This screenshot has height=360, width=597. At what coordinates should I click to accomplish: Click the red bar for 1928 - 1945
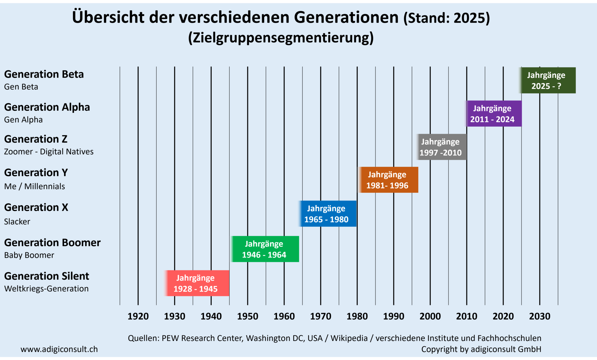(x=197, y=283)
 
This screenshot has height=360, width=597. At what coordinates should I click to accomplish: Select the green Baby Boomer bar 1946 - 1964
(x=265, y=249)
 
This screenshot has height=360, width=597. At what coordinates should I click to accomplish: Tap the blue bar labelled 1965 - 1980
(x=327, y=213)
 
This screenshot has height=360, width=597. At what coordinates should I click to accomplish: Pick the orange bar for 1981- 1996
(x=388, y=180)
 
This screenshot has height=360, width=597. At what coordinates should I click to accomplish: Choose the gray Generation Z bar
(x=441, y=147)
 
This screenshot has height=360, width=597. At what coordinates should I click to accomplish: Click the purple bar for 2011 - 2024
(x=493, y=114)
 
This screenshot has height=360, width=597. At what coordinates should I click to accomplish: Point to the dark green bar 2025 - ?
(x=547, y=80)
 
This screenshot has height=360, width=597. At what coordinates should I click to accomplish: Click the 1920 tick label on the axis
(x=138, y=316)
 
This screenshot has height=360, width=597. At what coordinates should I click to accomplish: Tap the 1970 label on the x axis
(x=320, y=316)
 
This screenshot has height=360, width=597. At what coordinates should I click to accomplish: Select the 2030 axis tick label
(x=540, y=316)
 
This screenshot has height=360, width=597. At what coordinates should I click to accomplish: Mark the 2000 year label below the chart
(x=430, y=316)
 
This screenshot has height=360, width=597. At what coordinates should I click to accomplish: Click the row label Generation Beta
(x=44, y=74)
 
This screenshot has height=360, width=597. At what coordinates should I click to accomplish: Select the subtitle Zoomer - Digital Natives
(x=49, y=152)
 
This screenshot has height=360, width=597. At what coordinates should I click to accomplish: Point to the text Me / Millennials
(x=34, y=186)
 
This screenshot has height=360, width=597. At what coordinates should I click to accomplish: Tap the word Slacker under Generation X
(x=17, y=222)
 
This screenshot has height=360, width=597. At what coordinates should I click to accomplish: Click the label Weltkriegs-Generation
(x=46, y=289)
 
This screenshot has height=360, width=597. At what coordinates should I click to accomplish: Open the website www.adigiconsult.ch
(x=59, y=349)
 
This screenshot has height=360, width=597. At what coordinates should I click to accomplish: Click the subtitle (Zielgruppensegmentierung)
(x=281, y=38)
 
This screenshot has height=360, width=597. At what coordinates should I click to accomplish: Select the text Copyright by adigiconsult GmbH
(x=481, y=349)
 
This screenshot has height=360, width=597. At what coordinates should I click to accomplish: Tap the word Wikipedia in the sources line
(x=349, y=338)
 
